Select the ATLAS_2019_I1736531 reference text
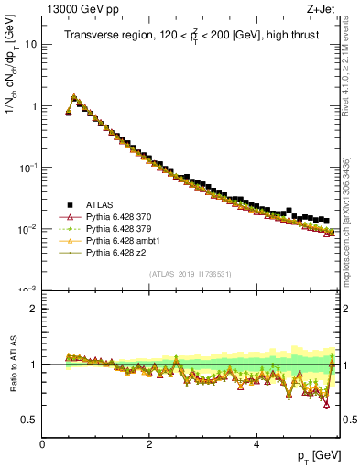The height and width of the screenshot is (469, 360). click(x=191, y=274)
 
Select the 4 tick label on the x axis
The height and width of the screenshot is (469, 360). click(x=256, y=444)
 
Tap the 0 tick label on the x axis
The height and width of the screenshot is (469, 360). click(x=42, y=444)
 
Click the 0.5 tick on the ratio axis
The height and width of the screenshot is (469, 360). click(x=29, y=420)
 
